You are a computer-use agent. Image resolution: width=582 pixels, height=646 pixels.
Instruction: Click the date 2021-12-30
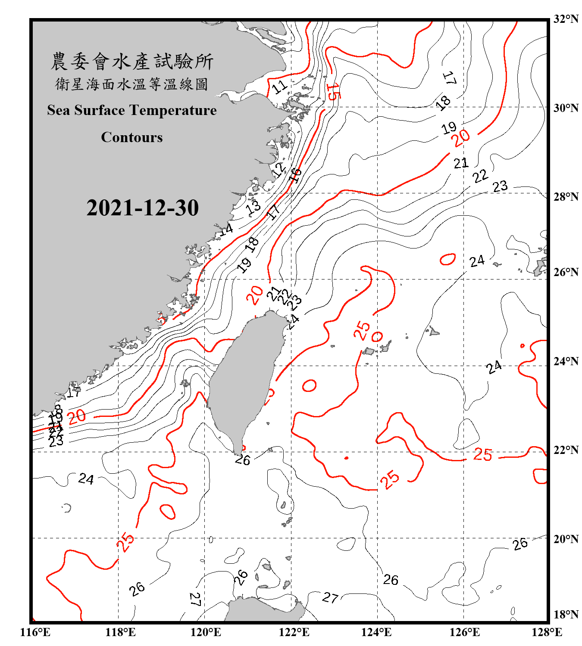[x=142, y=208]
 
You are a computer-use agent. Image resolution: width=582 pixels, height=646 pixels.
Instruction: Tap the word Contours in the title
[x=132, y=137]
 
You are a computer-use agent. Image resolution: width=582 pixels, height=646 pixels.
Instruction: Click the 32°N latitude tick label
[x=566, y=19]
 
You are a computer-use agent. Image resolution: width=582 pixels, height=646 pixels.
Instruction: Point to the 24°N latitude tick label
[x=566, y=361]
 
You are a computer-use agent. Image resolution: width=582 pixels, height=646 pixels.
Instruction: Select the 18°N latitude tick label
[x=566, y=615]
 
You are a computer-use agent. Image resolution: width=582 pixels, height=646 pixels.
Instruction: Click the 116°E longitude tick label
[x=35, y=632]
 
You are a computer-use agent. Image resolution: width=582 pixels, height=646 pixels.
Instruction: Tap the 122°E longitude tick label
[x=294, y=632]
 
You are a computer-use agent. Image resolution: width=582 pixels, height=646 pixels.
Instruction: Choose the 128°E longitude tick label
[x=547, y=632]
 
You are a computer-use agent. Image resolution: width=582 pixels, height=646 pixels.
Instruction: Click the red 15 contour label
[x=332, y=92]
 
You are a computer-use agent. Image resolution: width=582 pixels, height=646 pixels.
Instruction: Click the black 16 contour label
[x=295, y=174]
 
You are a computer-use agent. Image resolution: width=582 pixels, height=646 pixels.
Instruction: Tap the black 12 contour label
[x=279, y=170]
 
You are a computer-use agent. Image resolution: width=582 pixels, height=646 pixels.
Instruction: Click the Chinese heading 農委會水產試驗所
[x=132, y=62]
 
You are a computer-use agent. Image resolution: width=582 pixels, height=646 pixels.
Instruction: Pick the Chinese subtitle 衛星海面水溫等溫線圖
[x=132, y=84]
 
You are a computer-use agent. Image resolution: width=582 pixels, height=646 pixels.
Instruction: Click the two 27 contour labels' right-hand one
[x=330, y=597]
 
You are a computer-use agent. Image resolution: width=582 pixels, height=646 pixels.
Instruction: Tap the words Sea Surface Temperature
[x=132, y=110]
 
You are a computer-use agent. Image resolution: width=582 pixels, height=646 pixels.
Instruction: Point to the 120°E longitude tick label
[x=206, y=632]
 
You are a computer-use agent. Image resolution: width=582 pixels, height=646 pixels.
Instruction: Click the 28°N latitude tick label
[x=566, y=197]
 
